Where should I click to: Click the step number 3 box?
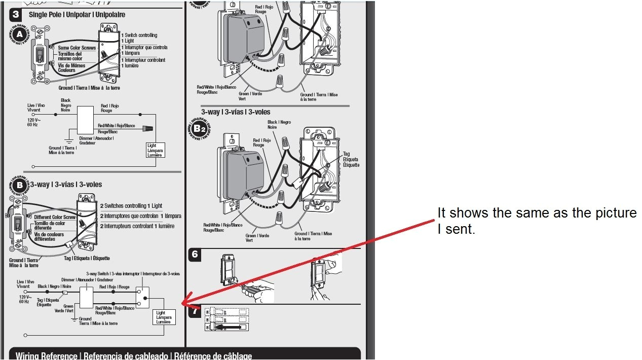pyautogui.click(x=16, y=14)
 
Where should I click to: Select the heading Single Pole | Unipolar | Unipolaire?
pyautogui.click(x=77, y=15)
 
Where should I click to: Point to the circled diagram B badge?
pyautogui.click(x=20, y=185)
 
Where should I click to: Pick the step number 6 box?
pyautogui.click(x=195, y=255)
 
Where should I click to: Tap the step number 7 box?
pyautogui.click(x=195, y=311)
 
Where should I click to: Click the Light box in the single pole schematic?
pyautogui.click(x=155, y=150)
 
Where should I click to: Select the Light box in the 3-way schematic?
pyautogui.click(x=164, y=317)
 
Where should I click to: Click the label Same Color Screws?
pyautogui.click(x=77, y=48)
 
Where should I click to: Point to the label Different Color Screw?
pyautogui.click(x=55, y=217)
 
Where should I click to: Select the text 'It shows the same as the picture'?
pyautogui.click(x=537, y=212)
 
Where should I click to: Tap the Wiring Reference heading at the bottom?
pyautogui.click(x=134, y=355)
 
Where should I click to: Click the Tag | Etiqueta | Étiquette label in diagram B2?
pyautogui.click(x=351, y=159)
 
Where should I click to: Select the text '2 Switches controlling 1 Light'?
pyautogui.click(x=131, y=206)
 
